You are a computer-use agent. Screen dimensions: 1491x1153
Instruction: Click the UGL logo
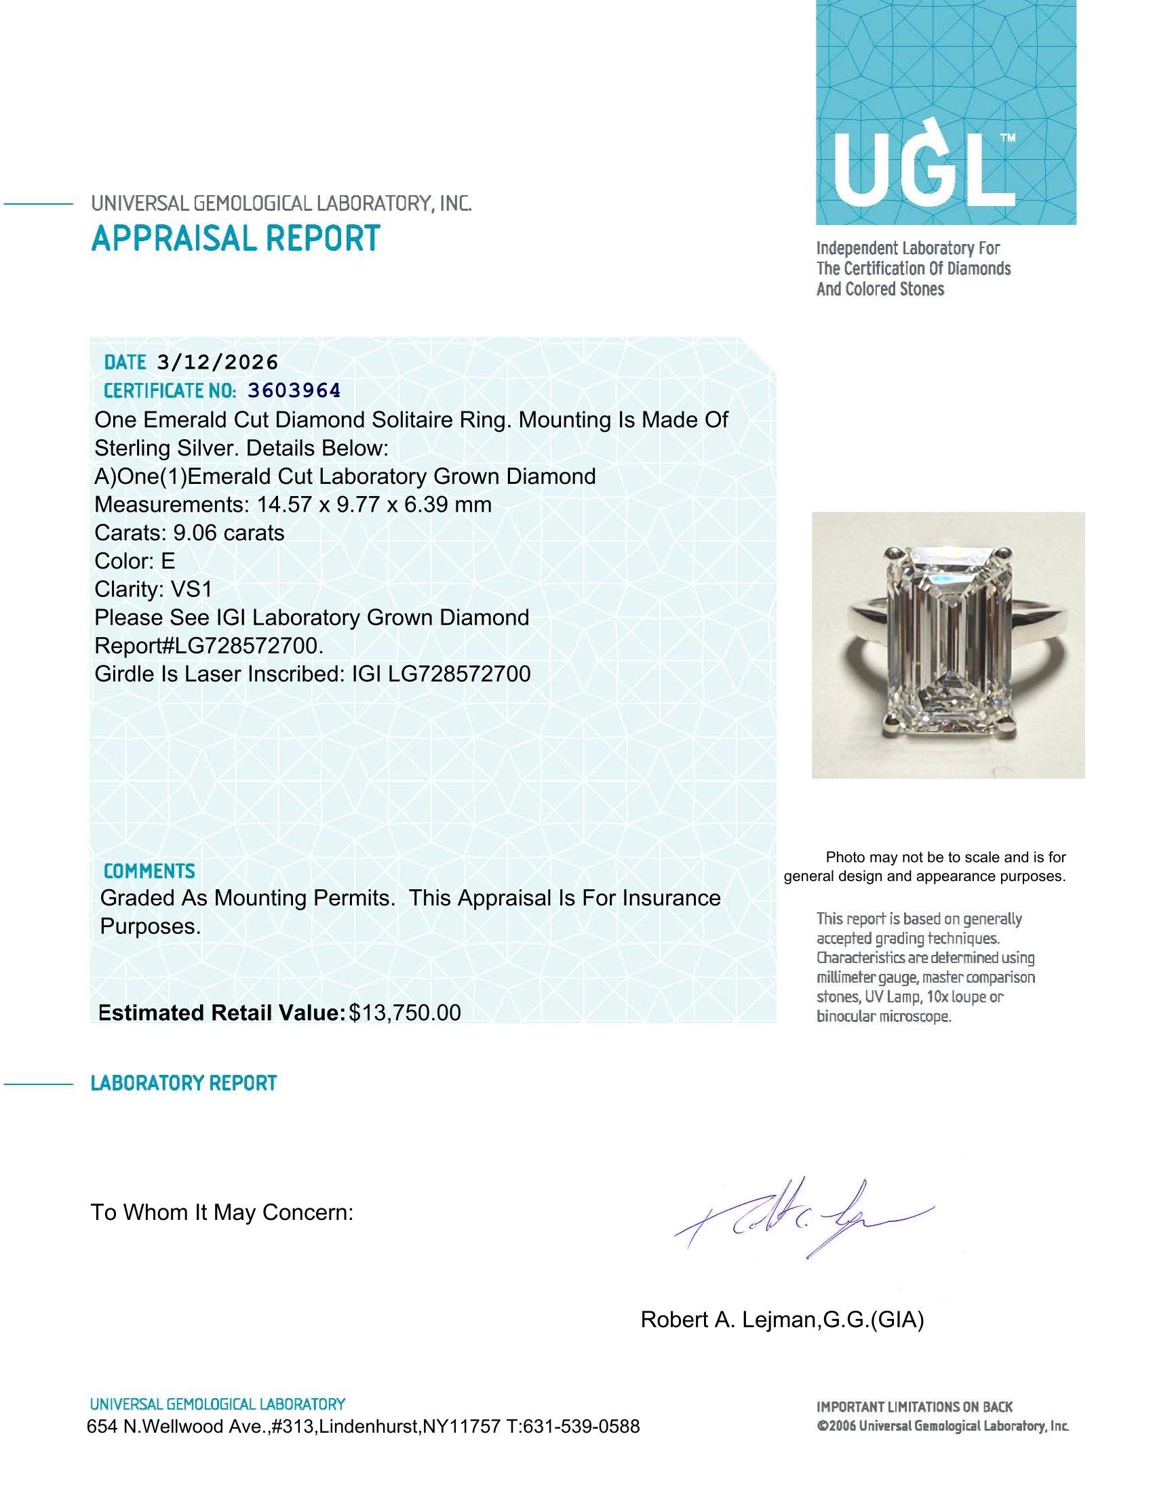click(945, 113)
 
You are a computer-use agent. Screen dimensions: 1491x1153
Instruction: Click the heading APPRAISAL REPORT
click(235, 239)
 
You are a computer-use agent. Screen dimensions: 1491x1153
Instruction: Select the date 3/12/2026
click(217, 362)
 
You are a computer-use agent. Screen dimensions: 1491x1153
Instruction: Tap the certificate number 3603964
click(294, 390)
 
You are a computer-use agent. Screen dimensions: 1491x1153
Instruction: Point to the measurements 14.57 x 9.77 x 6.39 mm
click(374, 504)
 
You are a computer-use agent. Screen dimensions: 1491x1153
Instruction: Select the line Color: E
click(134, 561)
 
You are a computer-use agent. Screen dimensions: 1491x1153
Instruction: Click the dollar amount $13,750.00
click(404, 1013)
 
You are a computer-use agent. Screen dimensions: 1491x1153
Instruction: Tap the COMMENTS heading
click(149, 871)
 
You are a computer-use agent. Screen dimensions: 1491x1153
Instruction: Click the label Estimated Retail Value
click(221, 1013)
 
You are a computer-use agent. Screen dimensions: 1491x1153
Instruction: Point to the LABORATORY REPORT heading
click(183, 1083)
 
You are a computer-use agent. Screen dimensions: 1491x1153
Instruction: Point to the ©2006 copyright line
click(943, 1426)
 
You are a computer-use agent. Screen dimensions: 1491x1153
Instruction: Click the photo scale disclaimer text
click(925, 866)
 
